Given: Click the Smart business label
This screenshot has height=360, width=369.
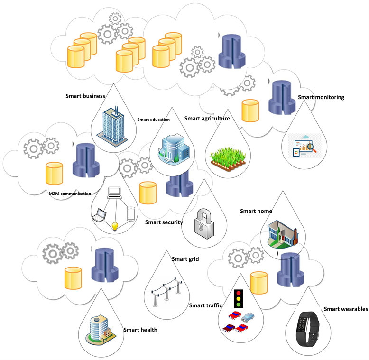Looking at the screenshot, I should (85, 96).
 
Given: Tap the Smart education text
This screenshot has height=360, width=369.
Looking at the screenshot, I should (153, 120).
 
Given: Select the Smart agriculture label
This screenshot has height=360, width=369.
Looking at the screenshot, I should (207, 119).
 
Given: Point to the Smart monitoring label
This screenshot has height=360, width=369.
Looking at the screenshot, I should (321, 97).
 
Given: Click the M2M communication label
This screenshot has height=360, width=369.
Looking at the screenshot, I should (70, 193).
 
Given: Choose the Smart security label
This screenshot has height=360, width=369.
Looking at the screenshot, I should (164, 222).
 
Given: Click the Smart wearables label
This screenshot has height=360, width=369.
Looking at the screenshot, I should (345, 309).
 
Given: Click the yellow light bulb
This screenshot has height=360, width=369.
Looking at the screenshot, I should (114, 226).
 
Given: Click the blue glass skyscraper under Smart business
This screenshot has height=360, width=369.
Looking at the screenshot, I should (114, 124).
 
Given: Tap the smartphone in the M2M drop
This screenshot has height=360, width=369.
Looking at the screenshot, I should (131, 214).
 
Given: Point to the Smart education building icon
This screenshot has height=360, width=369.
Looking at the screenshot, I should (175, 149).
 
